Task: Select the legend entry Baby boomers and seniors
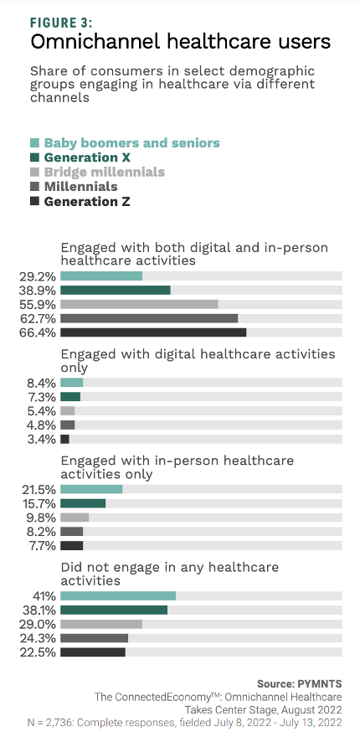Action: coord(131,142)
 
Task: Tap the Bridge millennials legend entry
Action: coord(104,172)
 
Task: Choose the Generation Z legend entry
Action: coord(86,201)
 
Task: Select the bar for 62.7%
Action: coord(149,318)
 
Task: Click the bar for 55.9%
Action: coord(139,304)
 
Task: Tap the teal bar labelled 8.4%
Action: coord(71,382)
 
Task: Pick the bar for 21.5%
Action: coord(91,489)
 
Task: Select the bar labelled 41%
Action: coord(118,595)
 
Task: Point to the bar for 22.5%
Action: coord(92,652)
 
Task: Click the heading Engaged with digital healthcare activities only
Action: coord(198,360)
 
